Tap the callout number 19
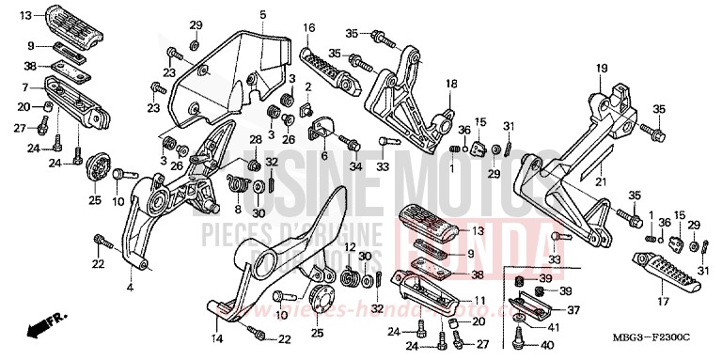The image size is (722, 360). (601, 68)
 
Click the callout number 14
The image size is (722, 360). (216, 337)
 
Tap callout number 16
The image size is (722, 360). (308, 28)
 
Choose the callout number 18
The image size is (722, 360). (451, 85)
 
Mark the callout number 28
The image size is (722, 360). (254, 140)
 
